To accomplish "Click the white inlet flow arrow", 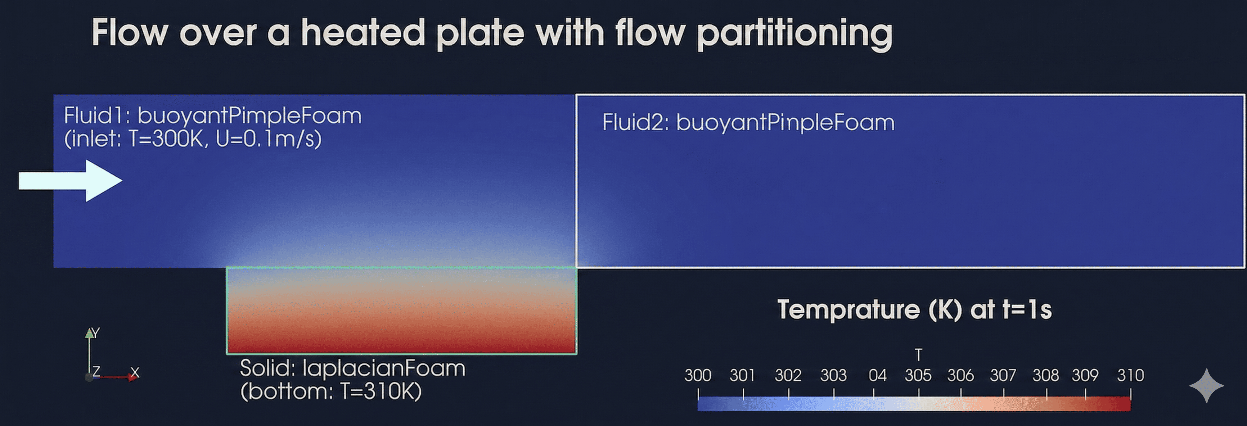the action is coord(71,181).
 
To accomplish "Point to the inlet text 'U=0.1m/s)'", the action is coord(269,139).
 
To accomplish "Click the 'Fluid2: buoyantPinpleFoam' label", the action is coord(748,122).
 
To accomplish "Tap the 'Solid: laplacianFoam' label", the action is coord(352,368).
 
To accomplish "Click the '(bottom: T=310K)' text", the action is coord(331,391).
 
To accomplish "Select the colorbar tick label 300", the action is coord(698,375).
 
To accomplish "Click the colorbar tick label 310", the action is coord(1130,375).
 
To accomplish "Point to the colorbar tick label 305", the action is coord(918,375).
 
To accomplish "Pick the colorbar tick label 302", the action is coord(788,375).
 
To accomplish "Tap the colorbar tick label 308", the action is coord(1046,375).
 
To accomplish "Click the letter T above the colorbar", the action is coord(918,355).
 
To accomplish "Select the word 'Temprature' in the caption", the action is coord(848,310).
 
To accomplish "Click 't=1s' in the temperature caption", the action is coord(1027,310).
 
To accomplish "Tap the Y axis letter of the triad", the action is coord(96,333).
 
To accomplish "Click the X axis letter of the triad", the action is coord(135,372).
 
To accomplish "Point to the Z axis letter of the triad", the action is coord(96,371).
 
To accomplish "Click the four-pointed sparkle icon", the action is coord(1206,386).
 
